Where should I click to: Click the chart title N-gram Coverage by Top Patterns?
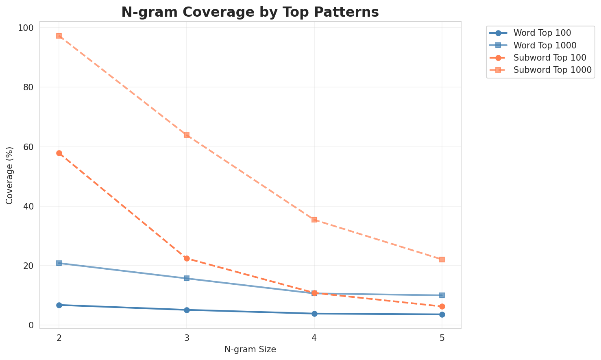coord(250,12)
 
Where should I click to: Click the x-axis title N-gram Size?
coord(250,349)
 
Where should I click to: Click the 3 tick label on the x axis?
coord(187,338)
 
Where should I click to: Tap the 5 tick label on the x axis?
coord(442,338)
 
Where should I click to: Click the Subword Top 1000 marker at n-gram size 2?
coord(59,36)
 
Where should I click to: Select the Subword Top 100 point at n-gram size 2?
coord(59,153)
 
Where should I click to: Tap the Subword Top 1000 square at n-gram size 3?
coord(187,135)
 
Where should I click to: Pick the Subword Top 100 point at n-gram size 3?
coord(187,258)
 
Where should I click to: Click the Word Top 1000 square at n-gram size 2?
coord(59,263)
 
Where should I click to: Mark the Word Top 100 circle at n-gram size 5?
coord(442,314)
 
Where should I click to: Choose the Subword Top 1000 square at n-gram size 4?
coord(314,220)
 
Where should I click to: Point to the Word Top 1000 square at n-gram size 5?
coord(442,295)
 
